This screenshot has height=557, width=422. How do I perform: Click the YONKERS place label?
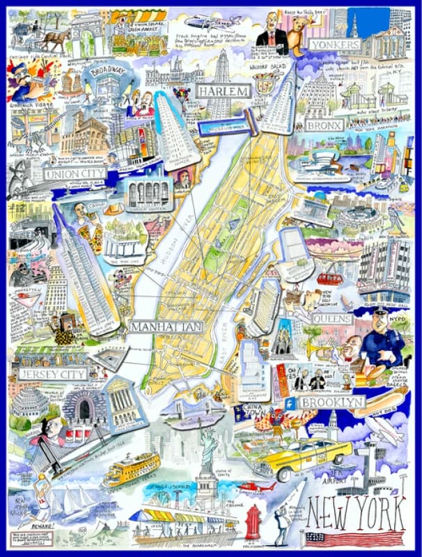[336, 45]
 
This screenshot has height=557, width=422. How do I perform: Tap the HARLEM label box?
[224, 92]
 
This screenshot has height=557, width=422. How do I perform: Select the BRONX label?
[325, 125]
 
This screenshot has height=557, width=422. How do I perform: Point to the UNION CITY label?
[75, 173]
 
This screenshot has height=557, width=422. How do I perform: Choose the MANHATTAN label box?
[165, 327]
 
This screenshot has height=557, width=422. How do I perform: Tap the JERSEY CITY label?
[53, 374]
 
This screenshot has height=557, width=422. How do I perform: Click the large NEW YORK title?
[355, 516]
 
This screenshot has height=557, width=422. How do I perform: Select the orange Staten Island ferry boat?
[131, 471]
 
